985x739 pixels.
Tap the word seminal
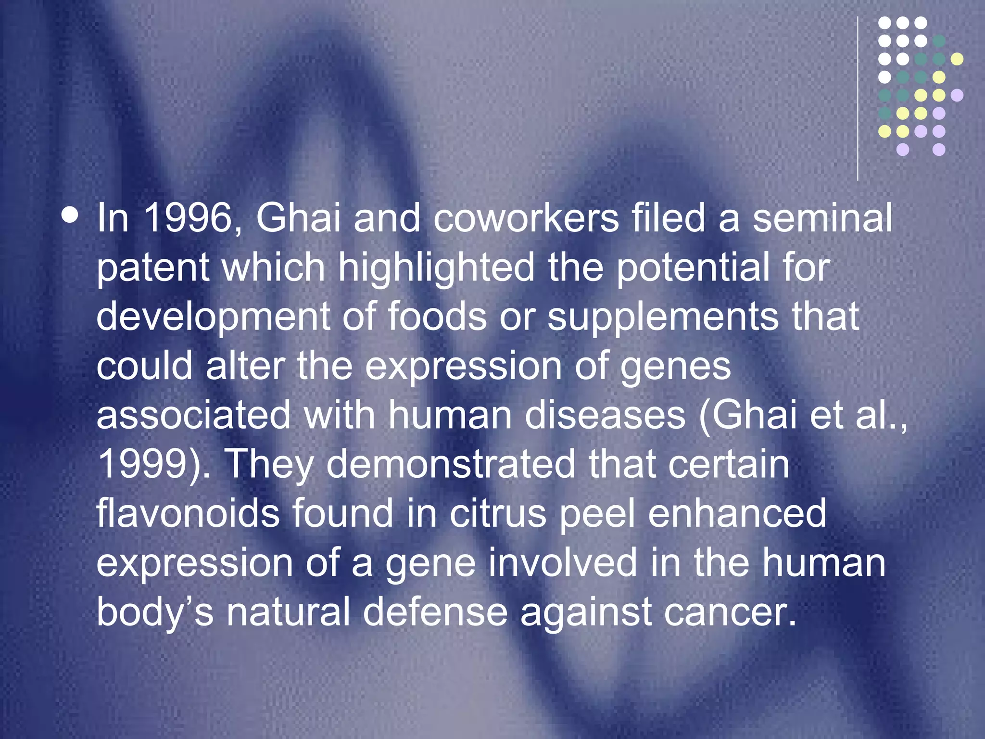[822, 218]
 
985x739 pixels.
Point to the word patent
[152, 268]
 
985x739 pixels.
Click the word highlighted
[436, 268]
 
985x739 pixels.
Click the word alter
[245, 366]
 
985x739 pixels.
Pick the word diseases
[605, 415]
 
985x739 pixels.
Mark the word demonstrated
[451, 464]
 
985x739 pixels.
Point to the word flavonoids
[188, 513]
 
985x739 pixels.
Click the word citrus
[498, 513]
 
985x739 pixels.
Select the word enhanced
[737, 513]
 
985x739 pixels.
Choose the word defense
[435, 612]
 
